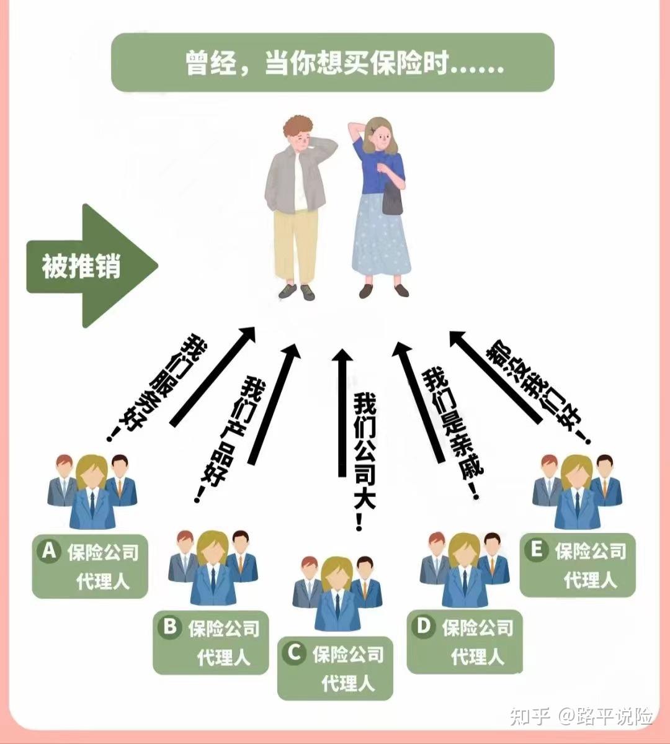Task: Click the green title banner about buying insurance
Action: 332,63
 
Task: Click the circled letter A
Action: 48,550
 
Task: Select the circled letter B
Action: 169,627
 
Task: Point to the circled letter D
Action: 423,626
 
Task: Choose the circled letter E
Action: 536,550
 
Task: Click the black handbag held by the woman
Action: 392,200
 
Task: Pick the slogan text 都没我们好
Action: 537,389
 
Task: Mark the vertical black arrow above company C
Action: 342,413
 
